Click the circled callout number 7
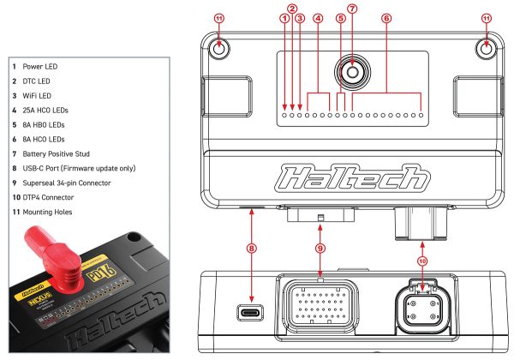tap(352, 9)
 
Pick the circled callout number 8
tap(252, 249)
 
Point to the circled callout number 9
tap(318, 249)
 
